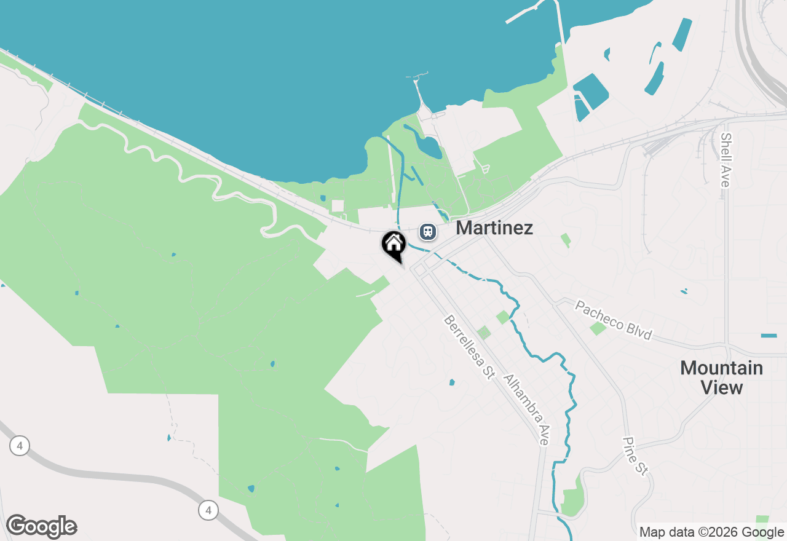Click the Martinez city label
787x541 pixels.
(x=494, y=228)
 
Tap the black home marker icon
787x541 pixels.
(x=393, y=243)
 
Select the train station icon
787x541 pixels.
(x=427, y=232)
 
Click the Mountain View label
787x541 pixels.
(x=721, y=377)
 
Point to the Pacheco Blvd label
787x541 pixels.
(x=612, y=320)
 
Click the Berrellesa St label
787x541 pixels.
(x=469, y=347)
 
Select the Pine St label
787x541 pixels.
(x=635, y=456)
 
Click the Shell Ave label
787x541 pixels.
(x=726, y=160)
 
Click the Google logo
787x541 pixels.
(x=41, y=527)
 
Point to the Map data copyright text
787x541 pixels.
(x=711, y=532)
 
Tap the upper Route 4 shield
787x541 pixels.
(x=20, y=446)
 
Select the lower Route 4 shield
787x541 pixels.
(x=208, y=510)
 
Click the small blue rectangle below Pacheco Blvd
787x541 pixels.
(x=769, y=336)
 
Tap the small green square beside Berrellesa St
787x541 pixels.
(x=484, y=333)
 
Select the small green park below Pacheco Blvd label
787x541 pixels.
(x=598, y=328)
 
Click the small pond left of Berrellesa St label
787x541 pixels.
(x=452, y=382)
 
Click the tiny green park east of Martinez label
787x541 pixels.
(x=565, y=239)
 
